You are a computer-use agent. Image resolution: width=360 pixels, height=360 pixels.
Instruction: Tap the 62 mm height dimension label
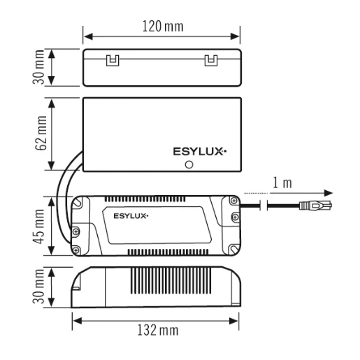[x=42, y=133]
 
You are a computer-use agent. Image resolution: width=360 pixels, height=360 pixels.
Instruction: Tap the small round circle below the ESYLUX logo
[x=189, y=164]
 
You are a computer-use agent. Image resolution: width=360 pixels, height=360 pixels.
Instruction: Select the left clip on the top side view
[x=110, y=61]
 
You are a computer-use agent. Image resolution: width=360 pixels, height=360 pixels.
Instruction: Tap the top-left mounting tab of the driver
[x=78, y=205]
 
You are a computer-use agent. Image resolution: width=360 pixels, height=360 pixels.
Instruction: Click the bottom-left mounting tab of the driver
[x=78, y=247]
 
